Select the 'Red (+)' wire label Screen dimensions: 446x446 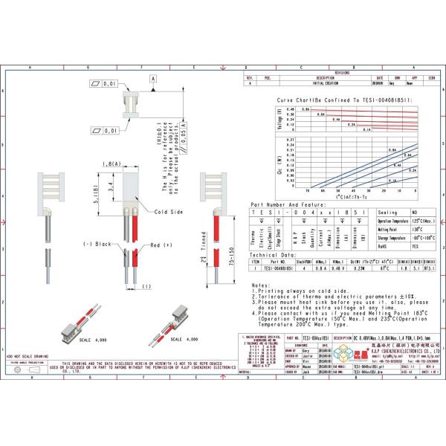coord(162,245)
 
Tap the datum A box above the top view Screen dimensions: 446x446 coord(153,78)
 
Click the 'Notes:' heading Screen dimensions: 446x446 coord(261,285)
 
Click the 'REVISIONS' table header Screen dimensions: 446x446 coord(341,72)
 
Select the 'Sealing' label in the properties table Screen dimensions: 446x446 coord(388,212)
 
